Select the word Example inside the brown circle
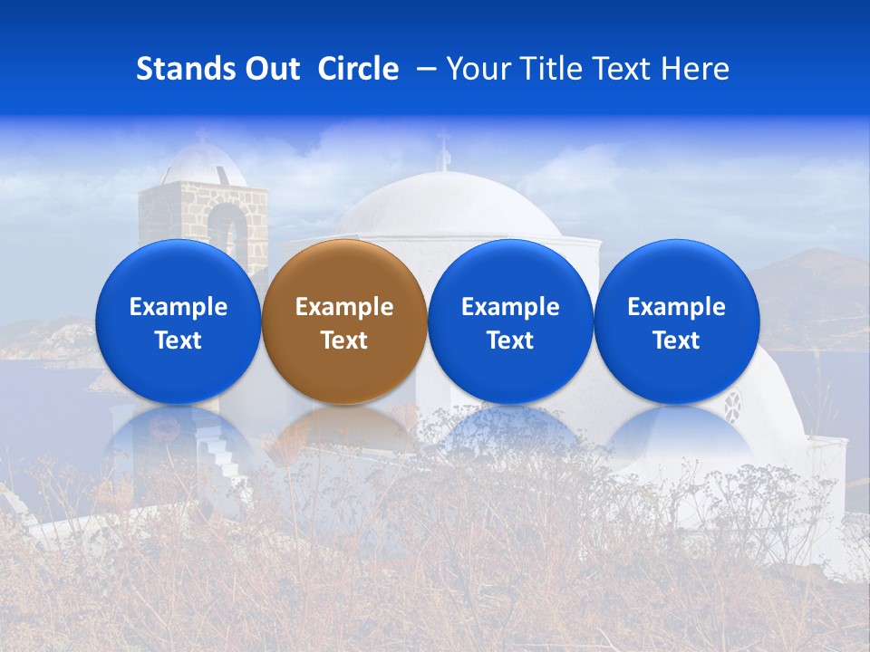point(344,307)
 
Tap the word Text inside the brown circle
point(344,340)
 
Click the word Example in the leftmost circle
point(179,307)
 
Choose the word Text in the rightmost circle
point(676,340)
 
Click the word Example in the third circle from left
point(510,307)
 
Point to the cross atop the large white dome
point(443,149)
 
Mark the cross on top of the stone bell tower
point(201,137)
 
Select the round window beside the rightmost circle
point(732,407)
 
